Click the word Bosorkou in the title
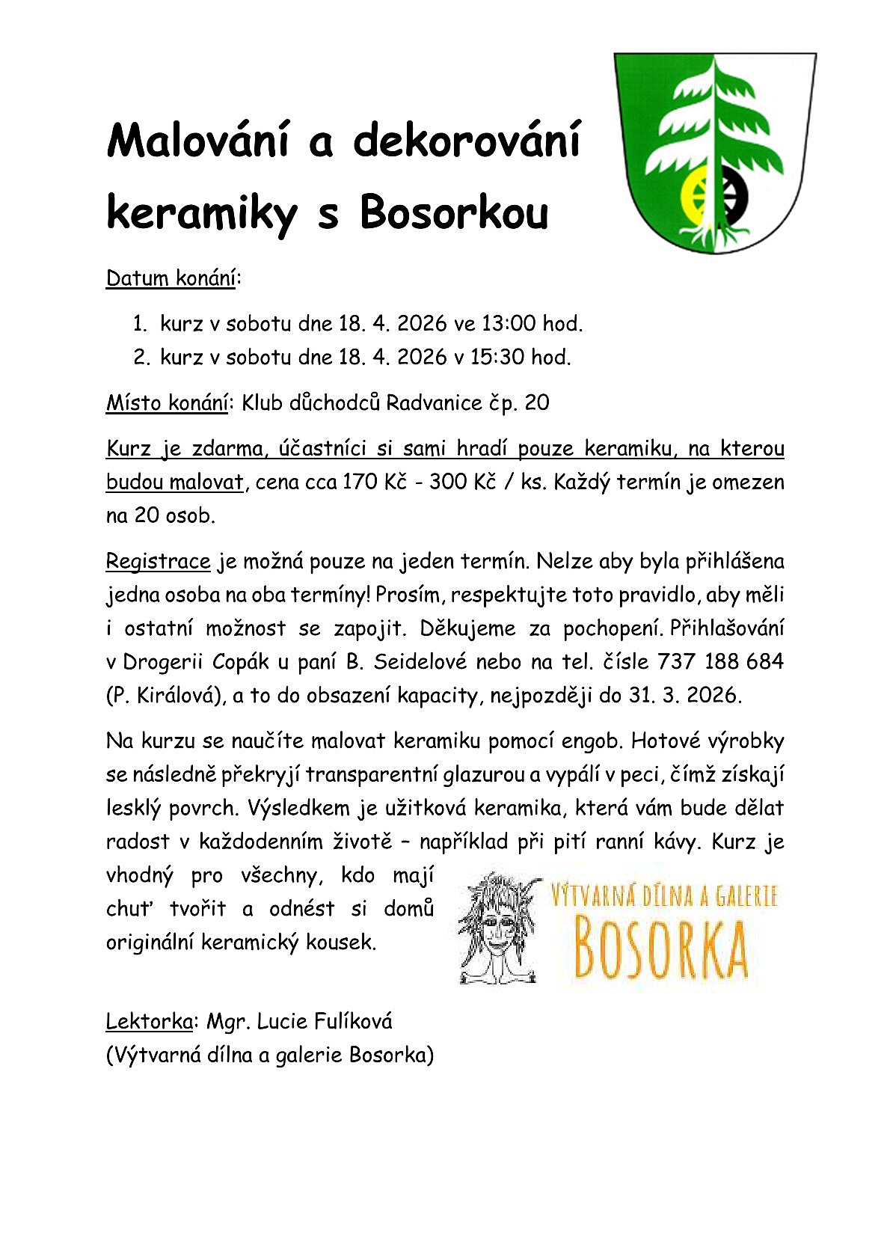[x=454, y=212]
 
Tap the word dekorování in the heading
[x=466, y=140]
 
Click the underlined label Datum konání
[x=171, y=278]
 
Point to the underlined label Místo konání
[x=167, y=403]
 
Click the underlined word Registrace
[x=159, y=561]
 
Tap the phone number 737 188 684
[x=720, y=662]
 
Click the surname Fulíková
[x=353, y=1021]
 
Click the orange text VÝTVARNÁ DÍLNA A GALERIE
[x=664, y=896]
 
